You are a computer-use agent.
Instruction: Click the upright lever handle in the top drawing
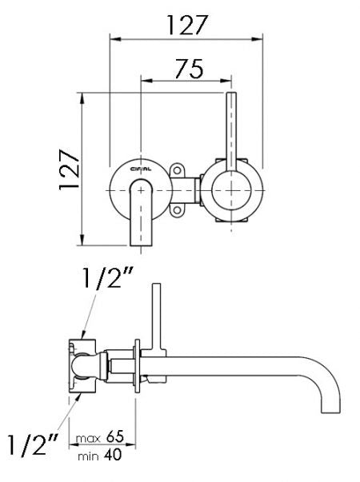tap(232, 128)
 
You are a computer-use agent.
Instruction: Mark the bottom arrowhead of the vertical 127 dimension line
tap(82, 241)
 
